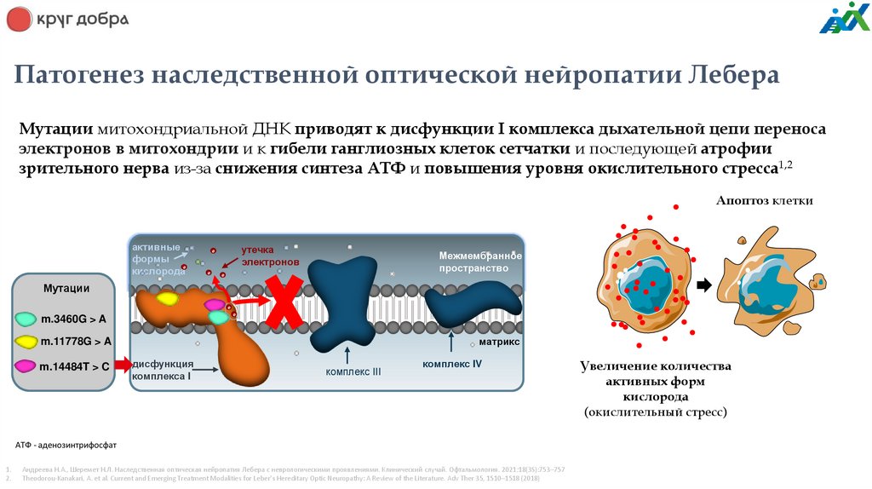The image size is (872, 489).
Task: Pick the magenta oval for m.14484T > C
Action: coord(26,366)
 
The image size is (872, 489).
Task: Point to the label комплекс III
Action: coord(353,371)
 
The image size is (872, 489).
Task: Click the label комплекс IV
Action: coord(452,364)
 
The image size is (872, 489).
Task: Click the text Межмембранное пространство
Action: coord(479,262)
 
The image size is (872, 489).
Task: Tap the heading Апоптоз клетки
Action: coord(764,201)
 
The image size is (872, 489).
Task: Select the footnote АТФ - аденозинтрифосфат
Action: coord(66,446)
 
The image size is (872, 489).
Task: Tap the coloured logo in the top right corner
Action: coord(844,18)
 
